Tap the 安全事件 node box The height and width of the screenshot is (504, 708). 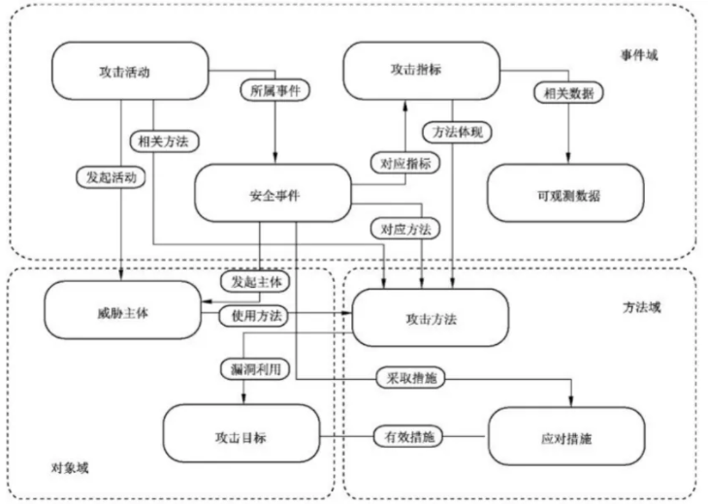tap(273, 194)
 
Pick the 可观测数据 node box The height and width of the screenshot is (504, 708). tap(565, 194)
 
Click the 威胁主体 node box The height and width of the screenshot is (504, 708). tap(122, 312)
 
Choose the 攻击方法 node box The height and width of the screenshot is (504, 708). tap(430, 317)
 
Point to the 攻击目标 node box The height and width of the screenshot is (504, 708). tap(240, 436)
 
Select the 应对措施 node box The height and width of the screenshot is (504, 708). tap(566, 436)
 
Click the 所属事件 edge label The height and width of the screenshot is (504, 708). tap(274, 93)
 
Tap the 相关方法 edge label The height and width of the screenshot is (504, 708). tap(163, 141)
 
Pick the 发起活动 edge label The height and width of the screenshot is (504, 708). tap(111, 177)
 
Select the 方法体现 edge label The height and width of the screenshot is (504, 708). tap(453, 131)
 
